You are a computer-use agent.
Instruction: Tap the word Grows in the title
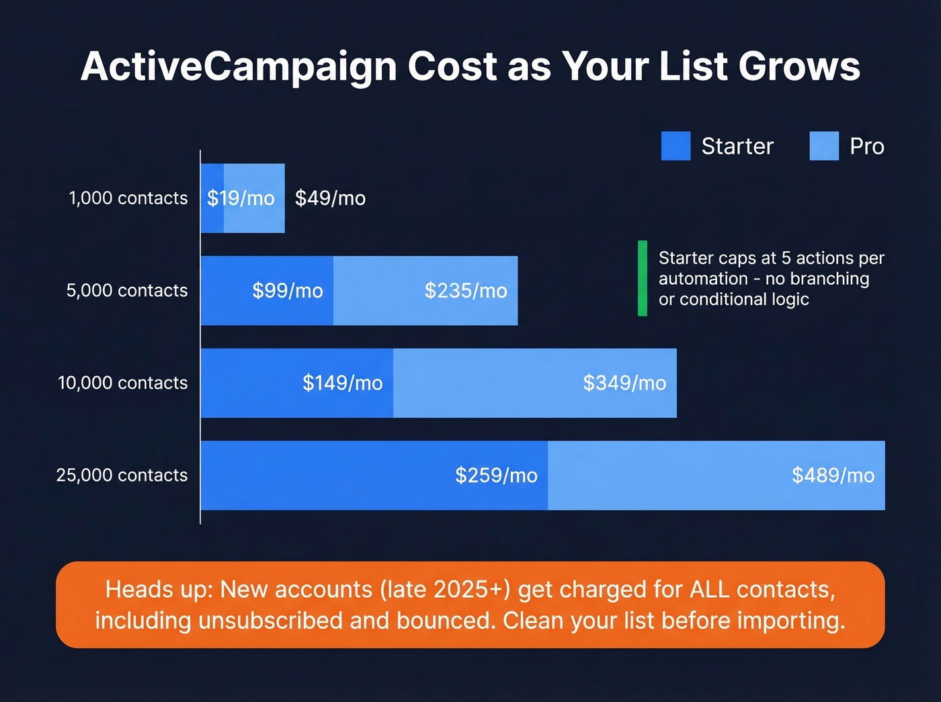point(799,67)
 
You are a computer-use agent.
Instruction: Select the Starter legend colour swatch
point(676,146)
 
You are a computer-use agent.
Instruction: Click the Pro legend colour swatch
point(824,146)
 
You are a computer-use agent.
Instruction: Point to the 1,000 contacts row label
point(128,198)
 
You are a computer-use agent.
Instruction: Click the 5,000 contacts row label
point(127,290)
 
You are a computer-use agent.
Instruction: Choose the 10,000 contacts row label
point(123,383)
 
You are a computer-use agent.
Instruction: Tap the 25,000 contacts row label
point(122,475)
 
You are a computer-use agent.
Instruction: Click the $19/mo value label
point(241,198)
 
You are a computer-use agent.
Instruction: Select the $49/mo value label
point(330,198)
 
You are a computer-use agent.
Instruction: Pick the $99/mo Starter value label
point(288,291)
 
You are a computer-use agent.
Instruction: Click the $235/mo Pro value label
point(466,291)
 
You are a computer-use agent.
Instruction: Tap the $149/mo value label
point(342,383)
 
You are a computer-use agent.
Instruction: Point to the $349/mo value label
point(624,383)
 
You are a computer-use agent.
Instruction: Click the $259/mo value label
point(496,476)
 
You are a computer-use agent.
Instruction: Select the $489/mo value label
point(833,476)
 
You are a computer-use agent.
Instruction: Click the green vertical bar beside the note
point(643,278)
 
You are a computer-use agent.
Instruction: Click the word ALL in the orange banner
point(710,590)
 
